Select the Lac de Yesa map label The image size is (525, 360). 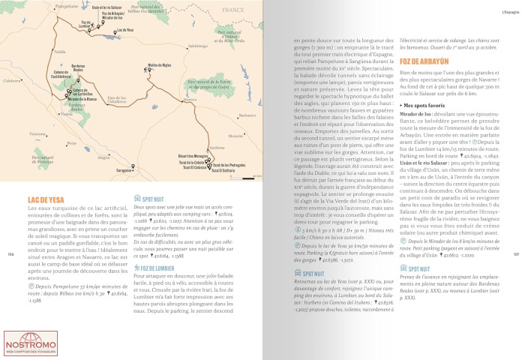coord(126,31)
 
